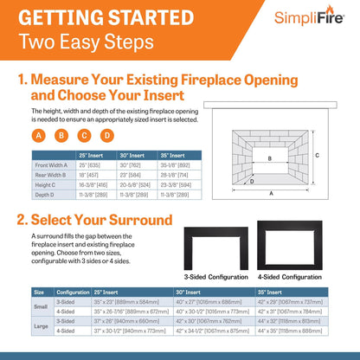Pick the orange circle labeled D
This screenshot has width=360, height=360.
pyautogui.click(x=106, y=135)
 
